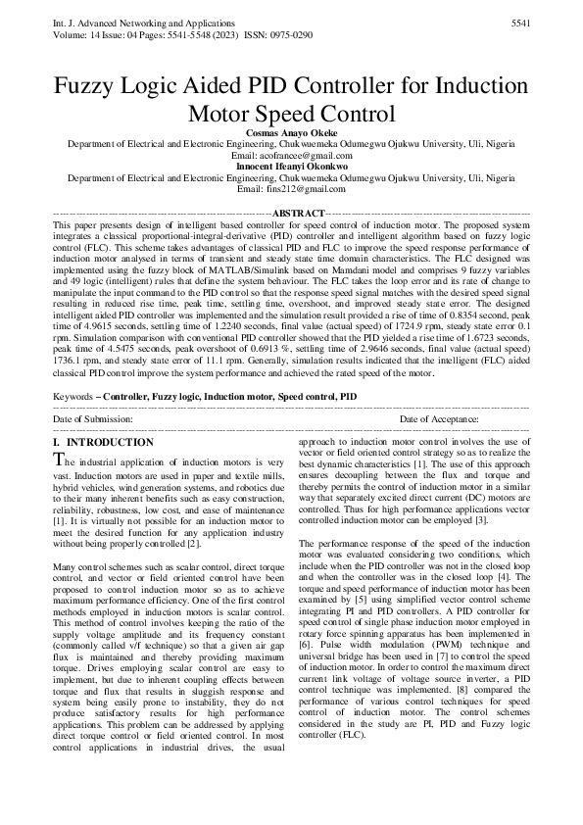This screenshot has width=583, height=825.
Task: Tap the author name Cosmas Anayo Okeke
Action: click(290, 131)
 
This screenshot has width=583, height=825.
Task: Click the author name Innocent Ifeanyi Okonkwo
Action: click(290, 167)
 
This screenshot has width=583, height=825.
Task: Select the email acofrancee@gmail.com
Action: click(307, 156)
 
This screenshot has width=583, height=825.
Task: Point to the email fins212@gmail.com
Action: click(307, 189)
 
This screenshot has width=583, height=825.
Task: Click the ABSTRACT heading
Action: click(297, 214)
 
